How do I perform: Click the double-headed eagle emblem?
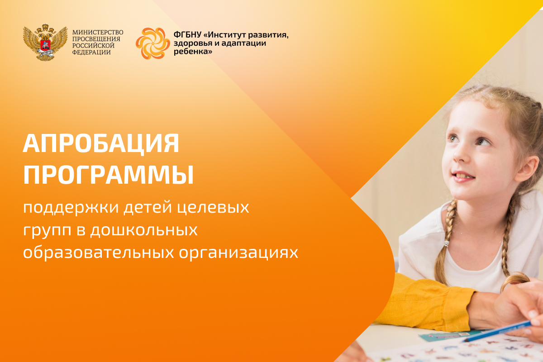pos(45,43)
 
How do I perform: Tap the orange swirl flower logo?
pos(153,43)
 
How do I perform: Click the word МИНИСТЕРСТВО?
pos(98,32)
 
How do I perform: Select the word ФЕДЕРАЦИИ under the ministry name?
pos(91,52)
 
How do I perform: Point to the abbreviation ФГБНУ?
pos(187,35)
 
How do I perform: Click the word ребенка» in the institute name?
pos(193,52)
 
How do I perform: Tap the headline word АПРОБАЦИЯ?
pos(101,143)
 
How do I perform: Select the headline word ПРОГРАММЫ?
pos(108,175)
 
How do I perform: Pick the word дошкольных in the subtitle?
pos(144,230)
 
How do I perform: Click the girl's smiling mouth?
pos(463,177)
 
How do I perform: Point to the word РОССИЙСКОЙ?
pos(93,46)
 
